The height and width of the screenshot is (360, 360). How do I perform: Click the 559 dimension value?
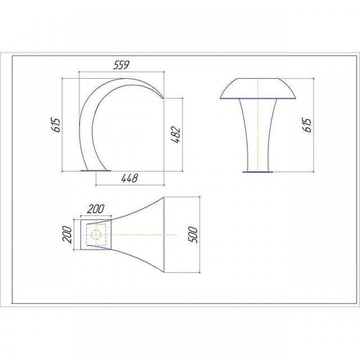coord(121,65)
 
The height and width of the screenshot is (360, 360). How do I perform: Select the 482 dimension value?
coord(176,135)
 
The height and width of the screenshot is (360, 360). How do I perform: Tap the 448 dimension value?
coord(130,178)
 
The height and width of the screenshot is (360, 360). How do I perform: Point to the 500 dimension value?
coord(193,235)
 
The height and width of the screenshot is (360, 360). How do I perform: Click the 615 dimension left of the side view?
coord(56,125)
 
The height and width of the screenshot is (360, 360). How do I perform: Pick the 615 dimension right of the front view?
coord(307,126)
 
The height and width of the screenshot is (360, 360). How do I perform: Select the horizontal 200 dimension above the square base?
coord(96,209)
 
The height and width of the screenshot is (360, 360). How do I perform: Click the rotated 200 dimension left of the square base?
coord(67,235)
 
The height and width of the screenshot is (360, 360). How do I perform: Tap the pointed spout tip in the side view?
coord(163,98)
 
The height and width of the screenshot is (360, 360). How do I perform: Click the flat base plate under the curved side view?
coord(96,171)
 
